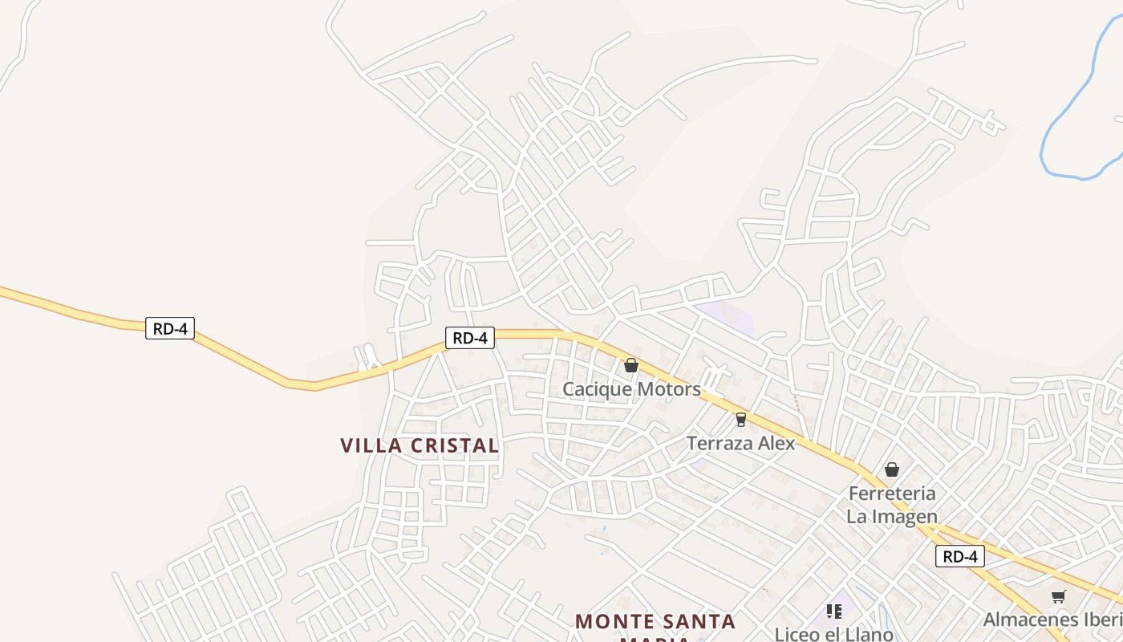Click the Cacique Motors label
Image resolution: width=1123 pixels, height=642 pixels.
(x=631, y=389)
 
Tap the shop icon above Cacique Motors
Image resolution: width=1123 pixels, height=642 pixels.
(x=631, y=365)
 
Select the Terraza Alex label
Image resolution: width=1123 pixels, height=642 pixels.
(x=740, y=443)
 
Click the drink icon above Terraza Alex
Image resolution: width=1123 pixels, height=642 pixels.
(x=740, y=419)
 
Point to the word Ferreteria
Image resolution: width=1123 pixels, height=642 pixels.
(x=892, y=493)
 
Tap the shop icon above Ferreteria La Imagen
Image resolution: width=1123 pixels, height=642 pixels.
(x=892, y=469)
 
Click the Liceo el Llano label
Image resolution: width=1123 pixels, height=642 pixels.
(x=833, y=634)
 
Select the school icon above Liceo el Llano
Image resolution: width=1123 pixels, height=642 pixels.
(x=834, y=612)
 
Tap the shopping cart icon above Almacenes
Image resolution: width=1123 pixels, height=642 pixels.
(x=1059, y=596)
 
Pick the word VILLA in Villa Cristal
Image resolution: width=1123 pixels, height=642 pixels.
(x=370, y=445)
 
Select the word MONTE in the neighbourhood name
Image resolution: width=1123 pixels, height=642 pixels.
(x=613, y=621)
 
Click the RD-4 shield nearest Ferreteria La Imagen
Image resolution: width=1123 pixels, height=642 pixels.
(x=959, y=556)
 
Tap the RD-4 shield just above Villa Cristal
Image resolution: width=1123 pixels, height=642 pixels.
(x=470, y=338)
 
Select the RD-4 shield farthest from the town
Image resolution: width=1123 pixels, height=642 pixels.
(x=170, y=327)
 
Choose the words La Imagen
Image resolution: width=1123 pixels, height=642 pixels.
(x=892, y=516)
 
